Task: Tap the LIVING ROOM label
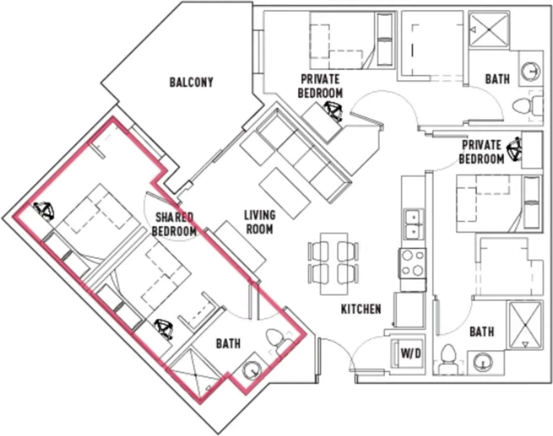tap(260, 222)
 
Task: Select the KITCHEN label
tap(361, 309)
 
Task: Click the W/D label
tap(411, 354)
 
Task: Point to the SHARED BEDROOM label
tap(174, 224)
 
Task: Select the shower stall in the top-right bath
tap(489, 30)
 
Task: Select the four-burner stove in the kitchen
tap(412, 263)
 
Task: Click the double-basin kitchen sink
tap(414, 224)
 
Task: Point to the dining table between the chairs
tap(333, 263)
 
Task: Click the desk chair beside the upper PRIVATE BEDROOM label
tap(333, 111)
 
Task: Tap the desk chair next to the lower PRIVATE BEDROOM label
tap(514, 150)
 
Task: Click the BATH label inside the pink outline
tap(228, 344)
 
